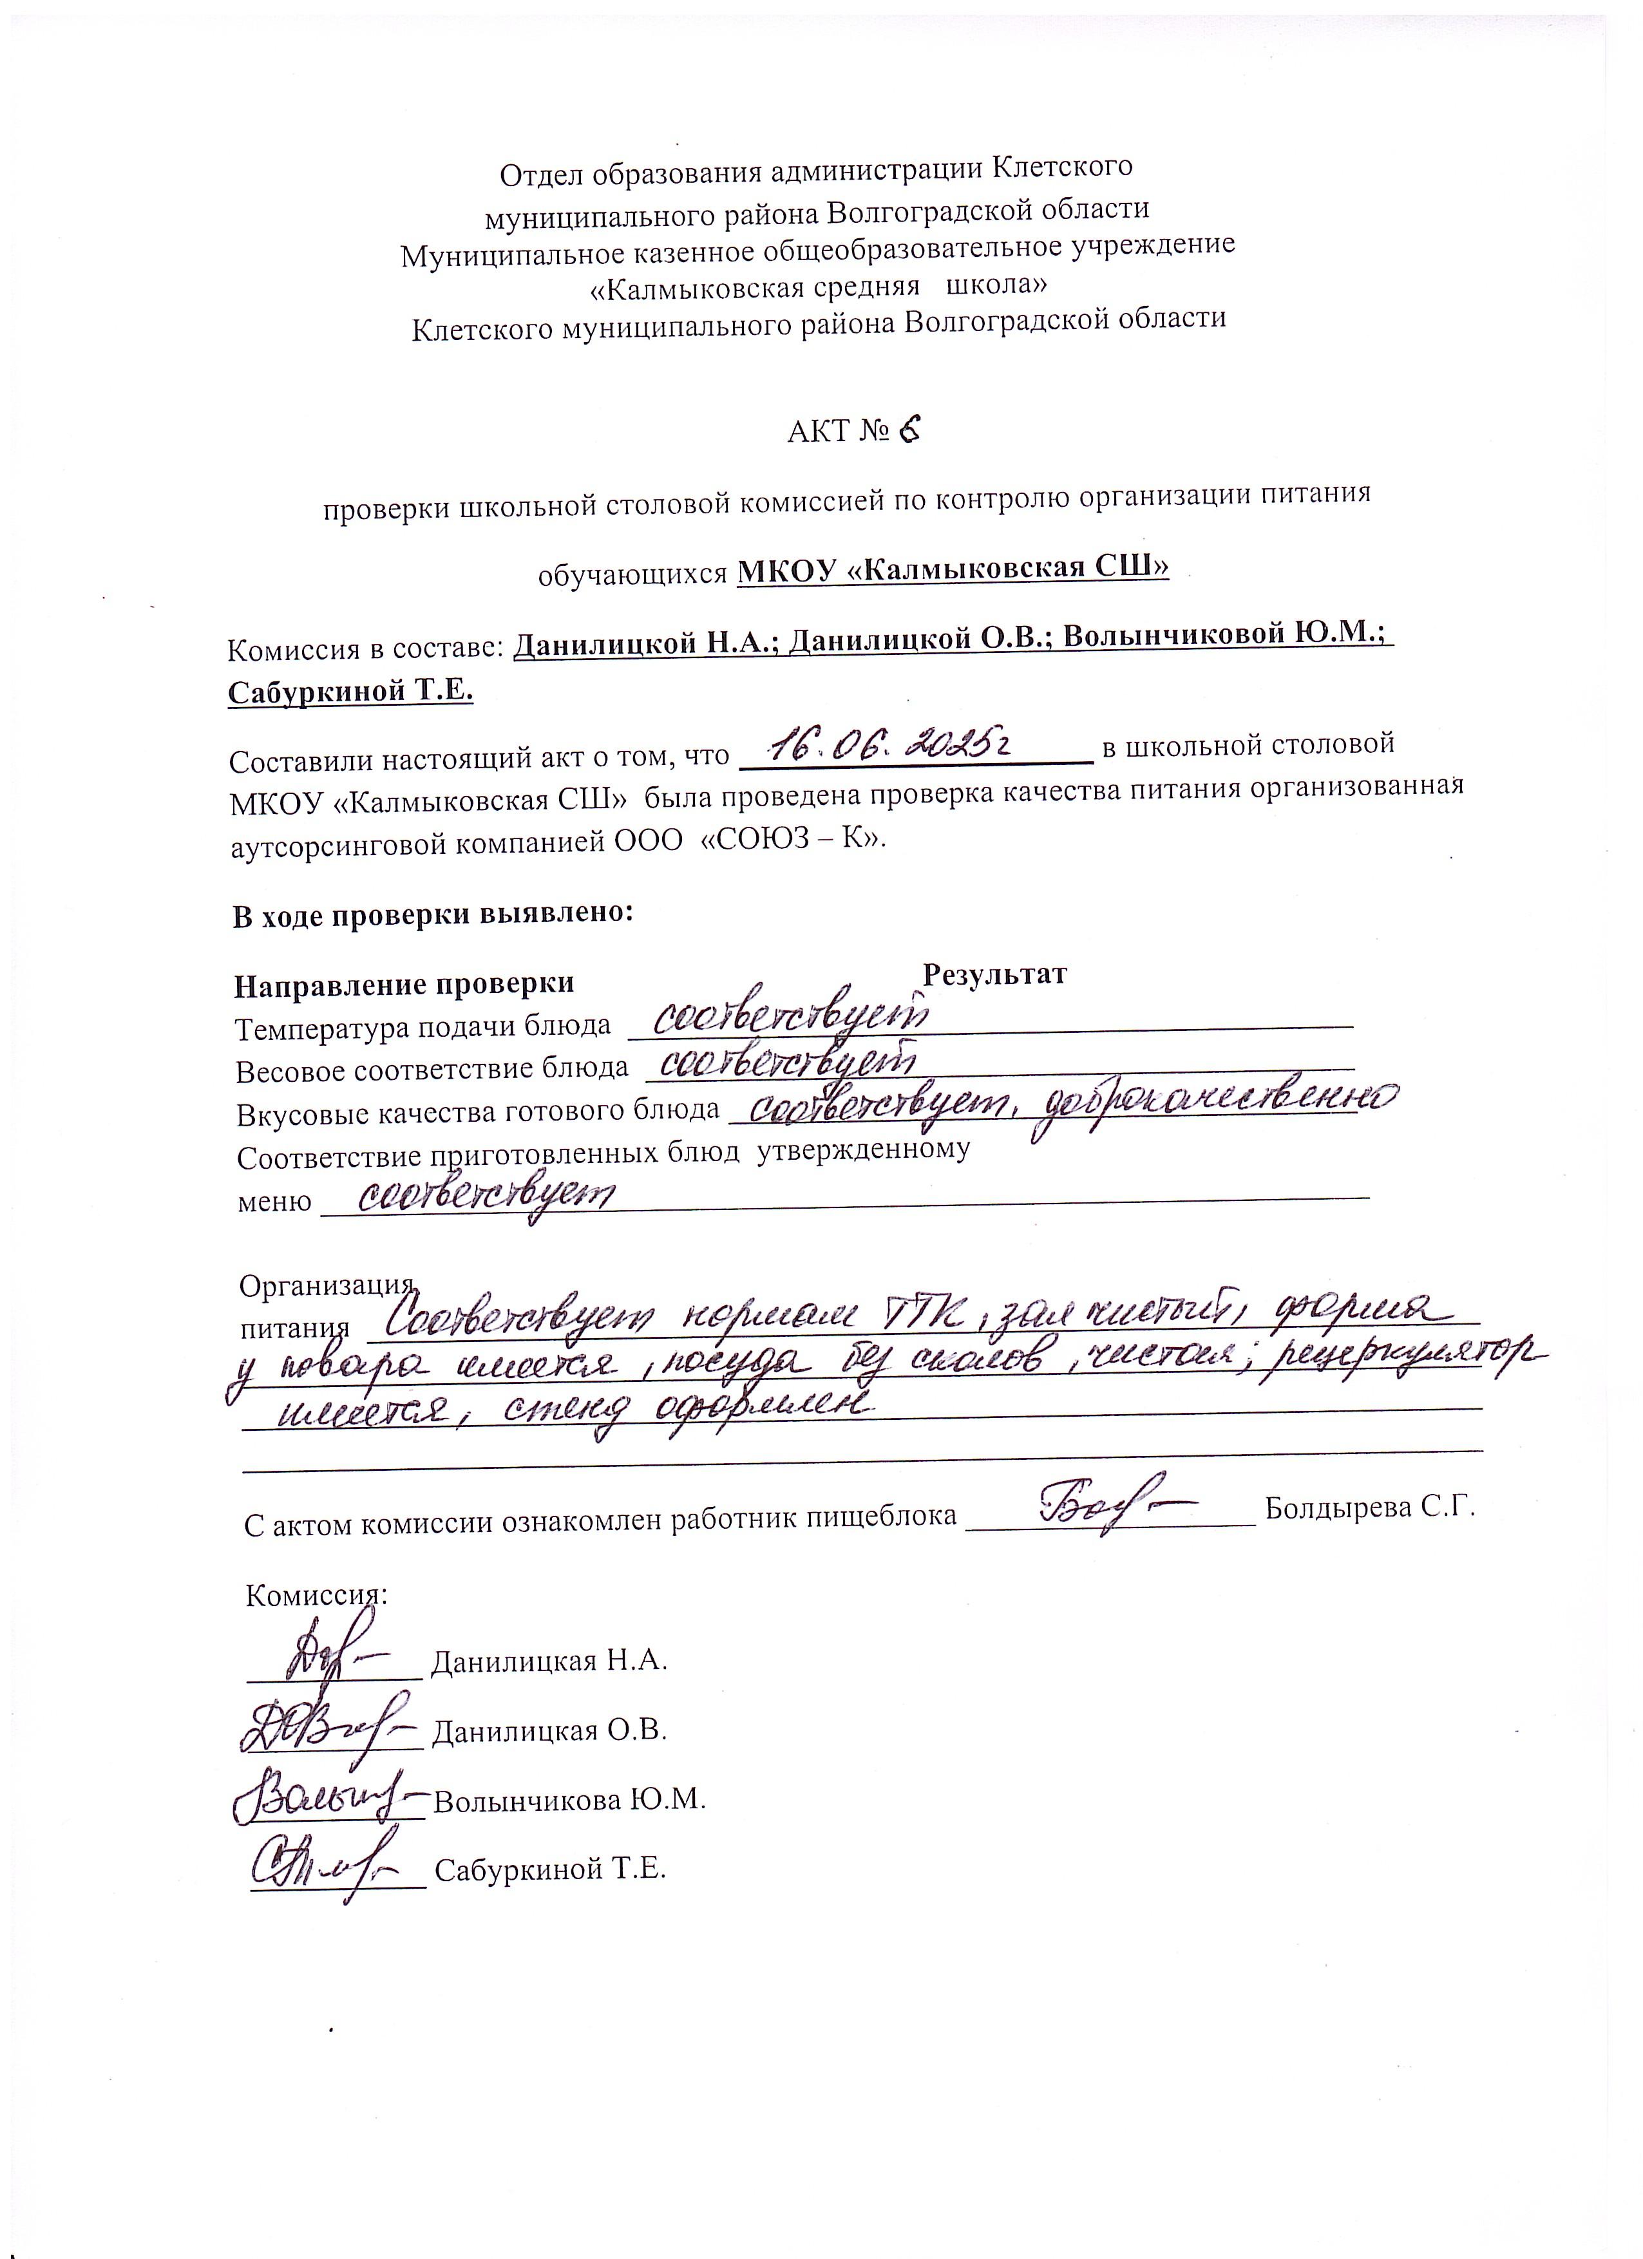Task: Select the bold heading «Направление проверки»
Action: pos(404,984)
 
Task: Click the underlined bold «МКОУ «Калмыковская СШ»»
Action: pos(951,568)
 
